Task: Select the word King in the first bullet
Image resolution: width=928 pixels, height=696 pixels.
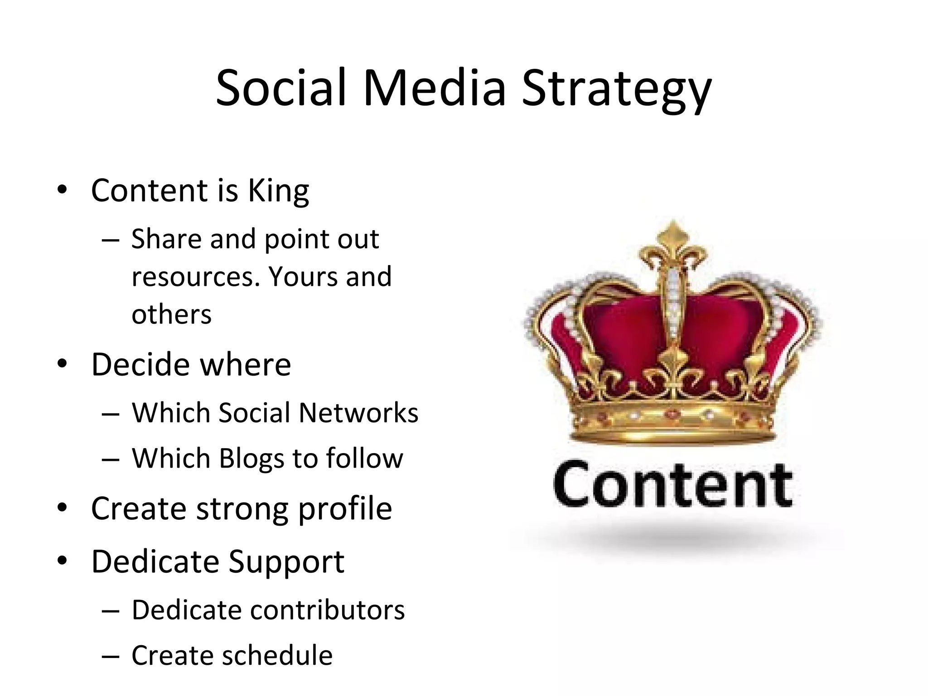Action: click(x=278, y=191)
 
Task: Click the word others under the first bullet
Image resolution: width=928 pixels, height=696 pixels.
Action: click(x=171, y=314)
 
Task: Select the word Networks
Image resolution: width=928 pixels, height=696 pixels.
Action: click(x=358, y=413)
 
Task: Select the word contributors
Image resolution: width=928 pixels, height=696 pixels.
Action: click(x=327, y=610)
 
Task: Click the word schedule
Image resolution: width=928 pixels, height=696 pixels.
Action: click(x=277, y=655)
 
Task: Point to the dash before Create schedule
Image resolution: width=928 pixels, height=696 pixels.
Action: click(x=111, y=656)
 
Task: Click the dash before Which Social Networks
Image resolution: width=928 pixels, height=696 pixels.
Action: click(x=111, y=413)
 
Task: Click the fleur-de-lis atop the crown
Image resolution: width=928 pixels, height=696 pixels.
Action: click(x=673, y=245)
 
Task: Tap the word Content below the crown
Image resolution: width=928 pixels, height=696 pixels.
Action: click(x=673, y=483)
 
